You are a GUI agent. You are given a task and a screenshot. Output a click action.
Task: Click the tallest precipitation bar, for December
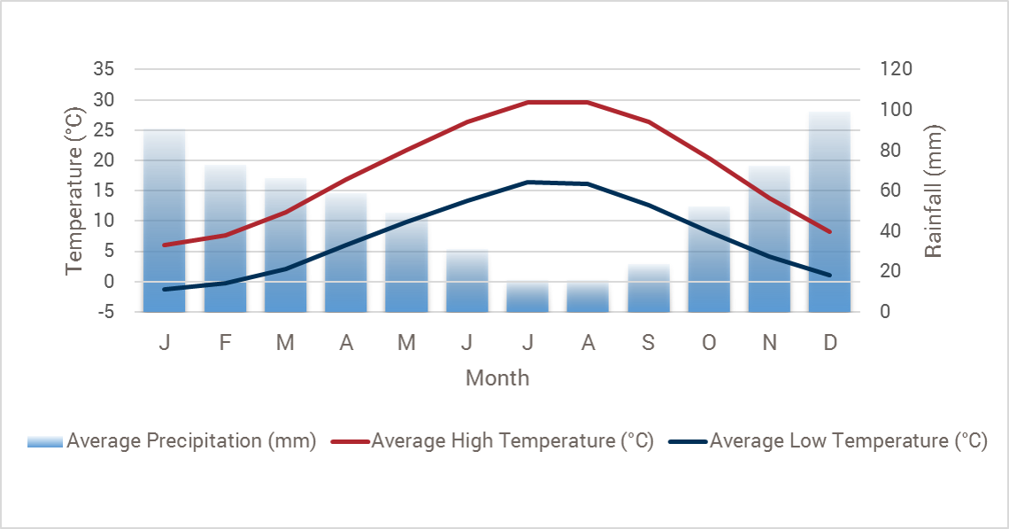829,213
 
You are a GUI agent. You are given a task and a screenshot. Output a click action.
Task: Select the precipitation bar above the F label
225,238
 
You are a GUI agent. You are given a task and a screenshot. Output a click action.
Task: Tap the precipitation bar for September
648,288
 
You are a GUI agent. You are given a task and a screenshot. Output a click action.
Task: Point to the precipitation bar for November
769,239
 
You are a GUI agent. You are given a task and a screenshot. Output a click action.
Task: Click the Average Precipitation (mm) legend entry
172,441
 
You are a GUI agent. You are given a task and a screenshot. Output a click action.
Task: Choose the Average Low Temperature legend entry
828,441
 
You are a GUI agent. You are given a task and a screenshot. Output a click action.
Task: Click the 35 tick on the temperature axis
104,69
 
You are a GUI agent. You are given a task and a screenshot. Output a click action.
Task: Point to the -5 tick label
104,312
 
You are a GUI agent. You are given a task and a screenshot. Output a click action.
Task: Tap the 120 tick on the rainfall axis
896,69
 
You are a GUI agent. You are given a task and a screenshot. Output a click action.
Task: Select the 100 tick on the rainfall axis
896,110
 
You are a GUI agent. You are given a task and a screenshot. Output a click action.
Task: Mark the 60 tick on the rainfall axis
891,191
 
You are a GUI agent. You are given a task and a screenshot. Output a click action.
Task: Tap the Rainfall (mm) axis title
934,191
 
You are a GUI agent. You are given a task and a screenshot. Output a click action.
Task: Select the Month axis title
497,378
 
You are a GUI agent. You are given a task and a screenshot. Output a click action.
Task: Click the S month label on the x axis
648,343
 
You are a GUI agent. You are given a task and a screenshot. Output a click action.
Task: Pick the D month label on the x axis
830,343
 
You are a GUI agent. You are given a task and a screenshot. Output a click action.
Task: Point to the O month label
709,343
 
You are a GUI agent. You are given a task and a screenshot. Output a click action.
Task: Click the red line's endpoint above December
830,232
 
